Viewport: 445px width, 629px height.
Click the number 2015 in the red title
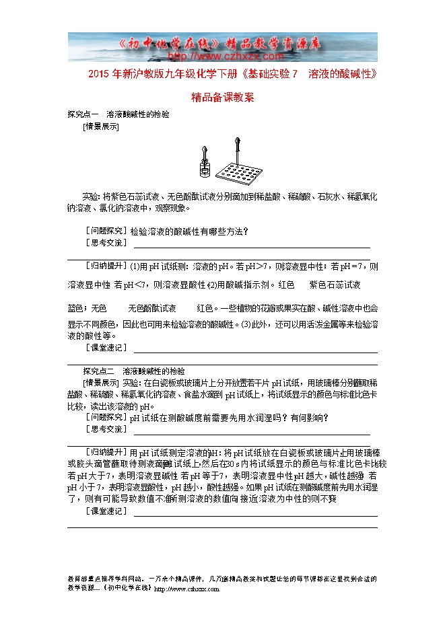(x=98, y=73)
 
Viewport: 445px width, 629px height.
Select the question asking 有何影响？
(x=310, y=417)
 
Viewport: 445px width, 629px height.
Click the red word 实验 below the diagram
(x=91, y=197)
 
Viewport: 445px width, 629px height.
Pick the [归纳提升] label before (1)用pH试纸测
(x=106, y=265)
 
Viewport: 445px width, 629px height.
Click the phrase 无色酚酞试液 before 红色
(x=151, y=308)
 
